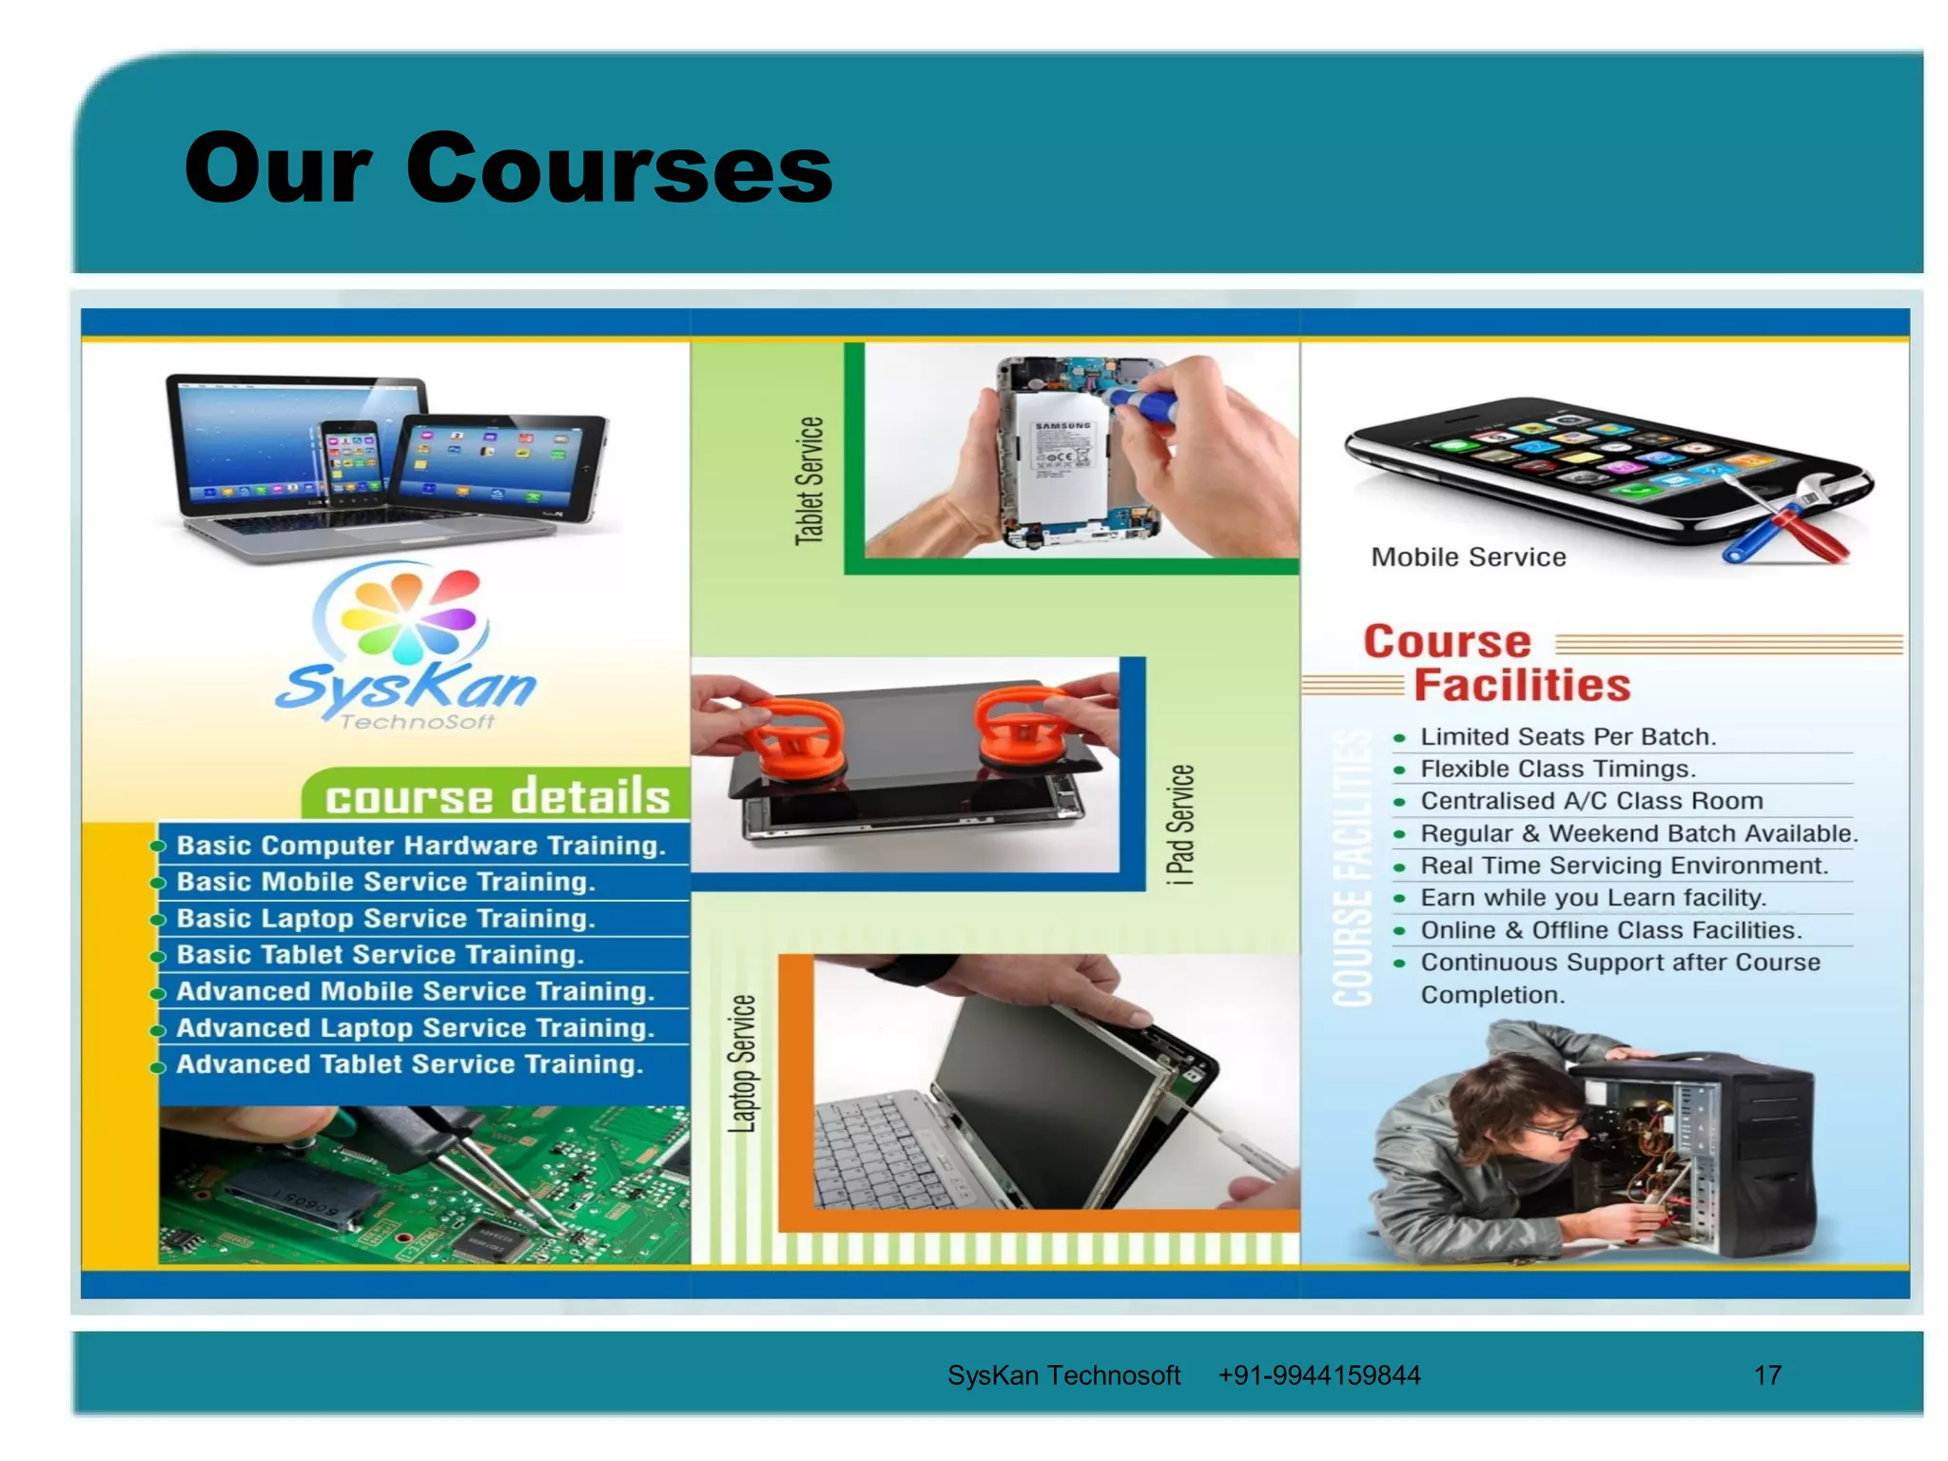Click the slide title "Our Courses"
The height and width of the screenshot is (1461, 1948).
(508, 168)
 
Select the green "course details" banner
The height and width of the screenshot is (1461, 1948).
(497, 796)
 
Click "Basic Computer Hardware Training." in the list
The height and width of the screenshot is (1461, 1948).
(420, 846)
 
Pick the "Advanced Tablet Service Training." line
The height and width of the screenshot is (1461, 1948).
(409, 1063)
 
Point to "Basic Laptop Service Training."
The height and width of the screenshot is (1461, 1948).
(385, 918)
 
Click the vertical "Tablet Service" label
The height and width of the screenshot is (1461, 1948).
(808, 480)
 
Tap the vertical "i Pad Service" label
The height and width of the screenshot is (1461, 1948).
(1179, 825)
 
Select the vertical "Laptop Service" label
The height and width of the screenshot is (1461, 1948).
(742, 1063)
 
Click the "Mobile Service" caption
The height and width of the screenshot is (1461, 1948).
(1468, 557)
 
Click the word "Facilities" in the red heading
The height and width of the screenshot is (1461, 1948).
(1522, 686)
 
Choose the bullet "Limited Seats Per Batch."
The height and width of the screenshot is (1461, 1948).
(1568, 736)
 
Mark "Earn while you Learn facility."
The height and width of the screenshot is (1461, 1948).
(1592, 897)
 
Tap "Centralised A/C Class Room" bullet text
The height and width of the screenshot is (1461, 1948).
(1591, 801)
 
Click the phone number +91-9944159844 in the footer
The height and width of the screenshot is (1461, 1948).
(1318, 1375)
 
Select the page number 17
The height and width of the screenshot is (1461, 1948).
(1767, 1375)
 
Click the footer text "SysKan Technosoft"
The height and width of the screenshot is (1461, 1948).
(1062, 1375)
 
